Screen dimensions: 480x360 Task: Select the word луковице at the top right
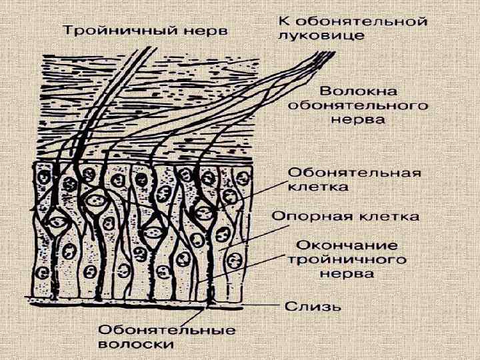[321, 35]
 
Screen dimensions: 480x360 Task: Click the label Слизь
[313, 307]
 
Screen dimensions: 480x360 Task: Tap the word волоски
[136, 345]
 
